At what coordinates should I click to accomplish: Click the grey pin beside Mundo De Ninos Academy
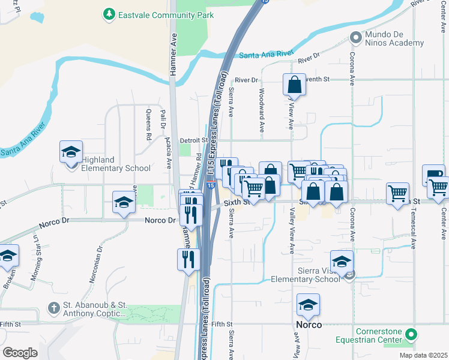pos(356,38)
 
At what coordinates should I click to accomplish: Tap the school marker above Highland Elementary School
pos(71,151)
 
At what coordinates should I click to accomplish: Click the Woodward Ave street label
pos(262,110)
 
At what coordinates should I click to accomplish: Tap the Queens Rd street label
pos(149,124)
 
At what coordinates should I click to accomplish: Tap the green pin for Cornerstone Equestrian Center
pos(411,334)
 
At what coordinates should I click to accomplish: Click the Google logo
pos(20,352)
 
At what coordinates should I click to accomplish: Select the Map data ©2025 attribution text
pos(425,355)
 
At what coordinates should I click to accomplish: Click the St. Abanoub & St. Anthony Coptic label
pos(94,309)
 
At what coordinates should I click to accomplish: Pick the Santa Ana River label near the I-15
pos(265,55)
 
